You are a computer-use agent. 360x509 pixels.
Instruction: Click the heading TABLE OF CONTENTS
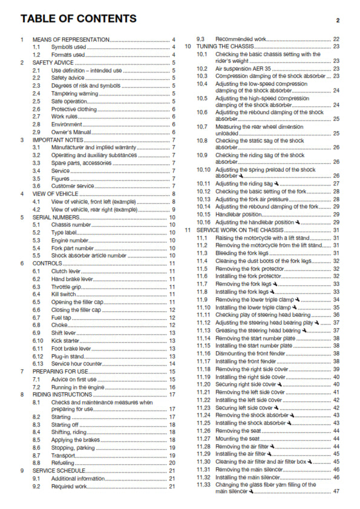click(x=78, y=19)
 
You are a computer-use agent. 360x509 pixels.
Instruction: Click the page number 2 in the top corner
click(x=338, y=21)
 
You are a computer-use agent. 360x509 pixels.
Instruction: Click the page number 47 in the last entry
click(x=336, y=491)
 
